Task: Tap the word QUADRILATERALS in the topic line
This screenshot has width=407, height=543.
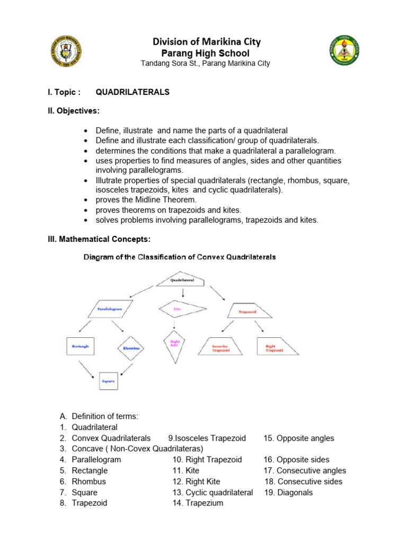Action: tap(132, 92)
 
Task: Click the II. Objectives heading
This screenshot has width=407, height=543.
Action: tap(74, 111)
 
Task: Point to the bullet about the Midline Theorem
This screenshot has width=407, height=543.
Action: tap(146, 200)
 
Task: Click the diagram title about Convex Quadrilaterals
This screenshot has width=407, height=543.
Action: tap(179, 257)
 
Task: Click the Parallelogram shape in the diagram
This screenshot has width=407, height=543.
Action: tap(111, 308)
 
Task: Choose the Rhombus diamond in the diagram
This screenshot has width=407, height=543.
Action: tap(131, 348)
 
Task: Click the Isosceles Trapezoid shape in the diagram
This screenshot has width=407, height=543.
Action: tap(220, 347)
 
